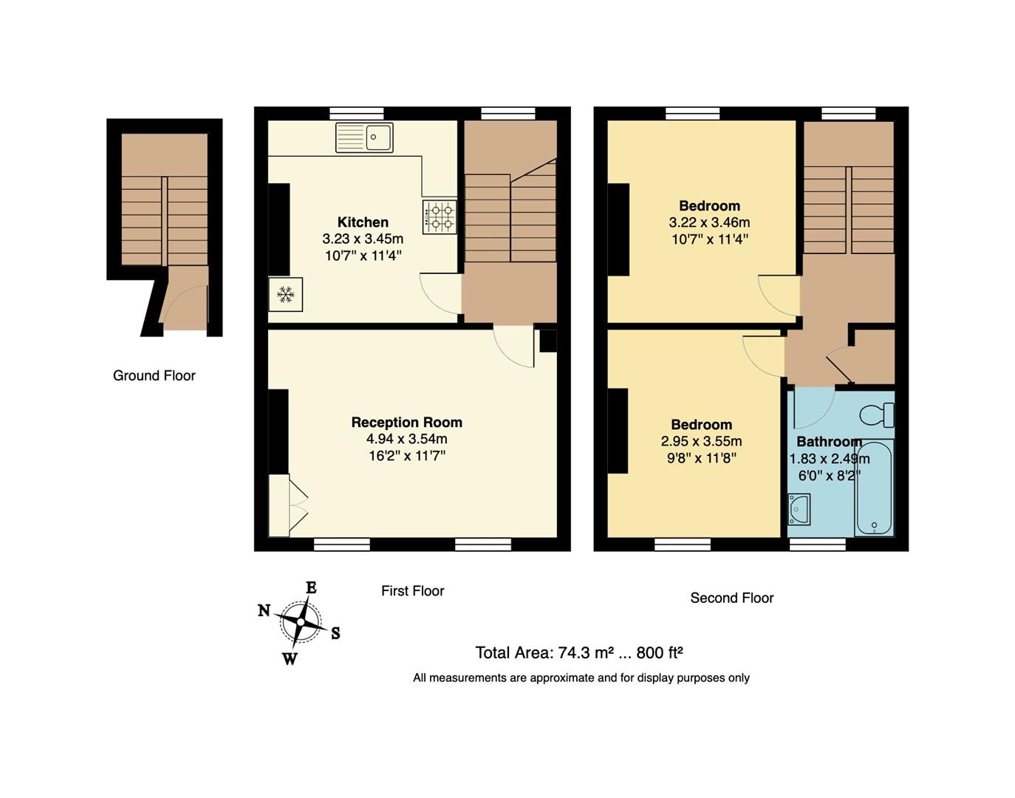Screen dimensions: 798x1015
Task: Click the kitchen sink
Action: pyautogui.click(x=364, y=137)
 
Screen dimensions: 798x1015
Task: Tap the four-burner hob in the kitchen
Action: pyautogui.click(x=440, y=217)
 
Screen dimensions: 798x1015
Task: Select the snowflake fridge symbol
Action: pyautogui.click(x=285, y=296)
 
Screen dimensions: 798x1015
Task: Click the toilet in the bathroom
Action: pyautogui.click(x=878, y=415)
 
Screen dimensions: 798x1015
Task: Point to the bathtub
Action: pyautogui.click(x=874, y=488)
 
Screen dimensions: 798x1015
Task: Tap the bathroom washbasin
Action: pyautogui.click(x=799, y=509)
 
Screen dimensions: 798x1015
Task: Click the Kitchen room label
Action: pyautogui.click(x=363, y=222)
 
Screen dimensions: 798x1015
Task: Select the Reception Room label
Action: pyautogui.click(x=406, y=423)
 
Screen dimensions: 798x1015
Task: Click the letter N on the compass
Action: pyautogui.click(x=264, y=610)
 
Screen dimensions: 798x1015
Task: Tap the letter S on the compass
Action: pyautogui.click(x=335, y=633)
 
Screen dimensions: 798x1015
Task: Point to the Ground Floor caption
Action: pyautogui.click(x=154, y=375)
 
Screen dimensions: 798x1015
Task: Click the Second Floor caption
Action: pyautogui.click(x=731, y=598)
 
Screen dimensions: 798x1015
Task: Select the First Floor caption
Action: pyautogui.click(x=412, y=590)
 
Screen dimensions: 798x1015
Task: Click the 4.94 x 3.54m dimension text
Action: pyautogui.click(x=406, y=439)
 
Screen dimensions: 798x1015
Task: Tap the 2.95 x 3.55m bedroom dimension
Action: pyautogui.click(x=701, y=441)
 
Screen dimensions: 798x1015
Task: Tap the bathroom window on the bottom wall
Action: pyautogui.click(x=818, y=545)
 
